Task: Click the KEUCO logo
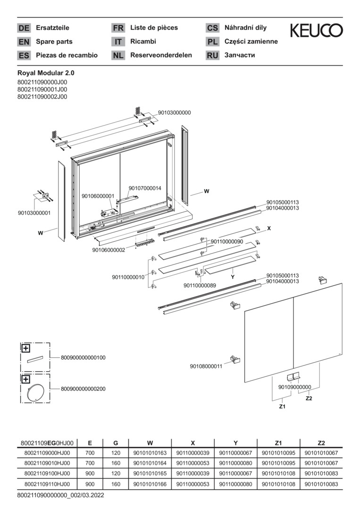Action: click(x=316, y=31)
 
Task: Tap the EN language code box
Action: click(x=24, y=42)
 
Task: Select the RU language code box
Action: click(x=212, y=55)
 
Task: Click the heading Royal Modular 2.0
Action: click(x=46, y=73)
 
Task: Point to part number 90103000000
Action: click(x=174, y=113)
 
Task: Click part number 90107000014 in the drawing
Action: click(x=145, y=188)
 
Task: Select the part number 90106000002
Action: click(x=109, y=250)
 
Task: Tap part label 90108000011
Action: click(x=206, y=366)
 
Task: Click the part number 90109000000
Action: click(x=295, y=387)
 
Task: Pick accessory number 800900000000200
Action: click(x=83, y=389)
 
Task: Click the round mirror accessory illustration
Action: click(x=35, y=392)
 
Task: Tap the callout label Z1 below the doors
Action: click(x=282, y=406)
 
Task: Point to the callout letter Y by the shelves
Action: click(x=233, y=277)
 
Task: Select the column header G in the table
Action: click(x=116, y=443)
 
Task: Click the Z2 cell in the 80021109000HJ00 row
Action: click(x=321, y=453)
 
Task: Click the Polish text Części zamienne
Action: click(x=251, y=42)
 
